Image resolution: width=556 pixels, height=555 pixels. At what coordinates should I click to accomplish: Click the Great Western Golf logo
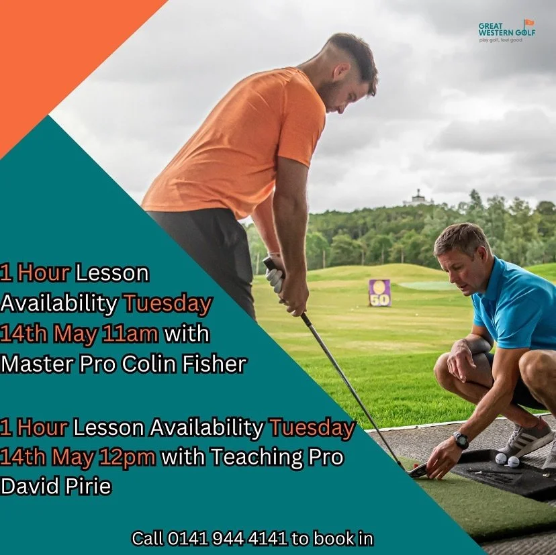tap(506, 31)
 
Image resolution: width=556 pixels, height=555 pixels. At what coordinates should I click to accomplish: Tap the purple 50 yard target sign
tap(379, 293)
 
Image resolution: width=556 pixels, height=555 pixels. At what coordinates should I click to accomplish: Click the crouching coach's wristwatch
tap(461, 440)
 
